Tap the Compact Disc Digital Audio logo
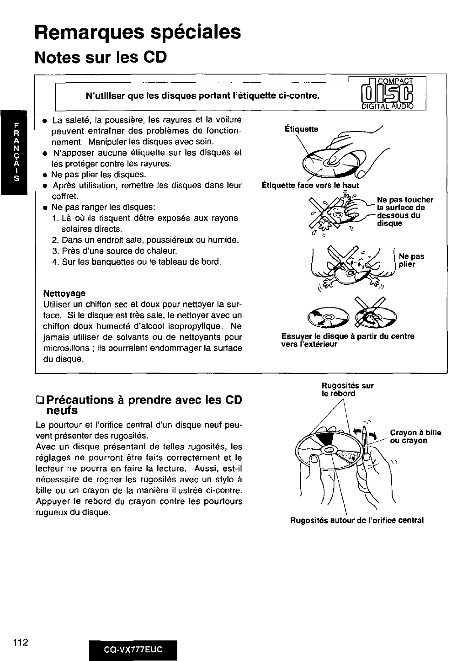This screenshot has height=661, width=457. pyautogui.click(x=387, y=94)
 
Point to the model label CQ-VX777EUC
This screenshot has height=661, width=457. pyautogui.click(x=133, y=649)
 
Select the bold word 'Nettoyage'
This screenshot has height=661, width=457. pyautogui.click(x=64, y=293)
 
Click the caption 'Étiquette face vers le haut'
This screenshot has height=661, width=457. pyautogui.click(x=310, y=185)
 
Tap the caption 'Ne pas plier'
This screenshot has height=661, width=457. pyautogui.click(x=411, y=260)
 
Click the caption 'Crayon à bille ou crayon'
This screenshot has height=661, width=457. pyautogui.click(x=415, y=437)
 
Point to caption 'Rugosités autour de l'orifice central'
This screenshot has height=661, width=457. pyautogui.click(x=357, y=520)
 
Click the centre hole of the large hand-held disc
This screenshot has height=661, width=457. pyautogui.click(x=329, y=451)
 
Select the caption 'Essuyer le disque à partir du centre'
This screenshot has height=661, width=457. pyautogui.click(x=348, y=340)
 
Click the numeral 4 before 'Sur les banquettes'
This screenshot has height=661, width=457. pyautogui.click(x=54, y=262)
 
